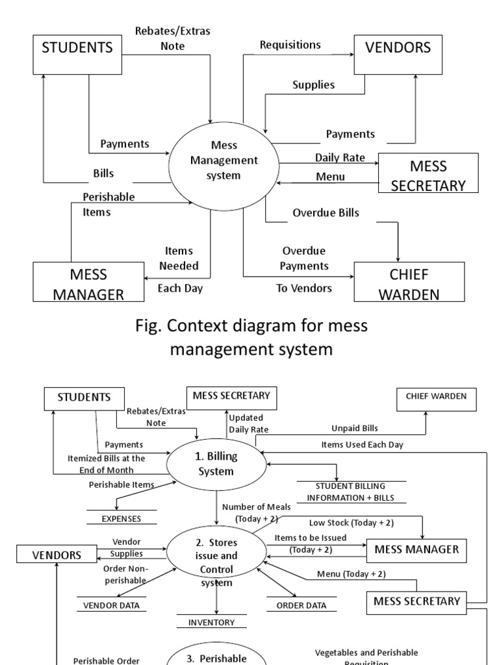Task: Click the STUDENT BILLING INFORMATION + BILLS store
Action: [x=351, y=492]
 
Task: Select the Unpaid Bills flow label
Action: [x=354, y=428]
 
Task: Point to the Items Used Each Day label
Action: [x=362, y=444]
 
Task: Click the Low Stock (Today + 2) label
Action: [x=352, y=522]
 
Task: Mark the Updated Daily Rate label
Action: [x=248, y=423]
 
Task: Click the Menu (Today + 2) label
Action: [x=351, y=573]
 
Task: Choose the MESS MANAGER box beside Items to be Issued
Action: [x=416, y=549]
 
